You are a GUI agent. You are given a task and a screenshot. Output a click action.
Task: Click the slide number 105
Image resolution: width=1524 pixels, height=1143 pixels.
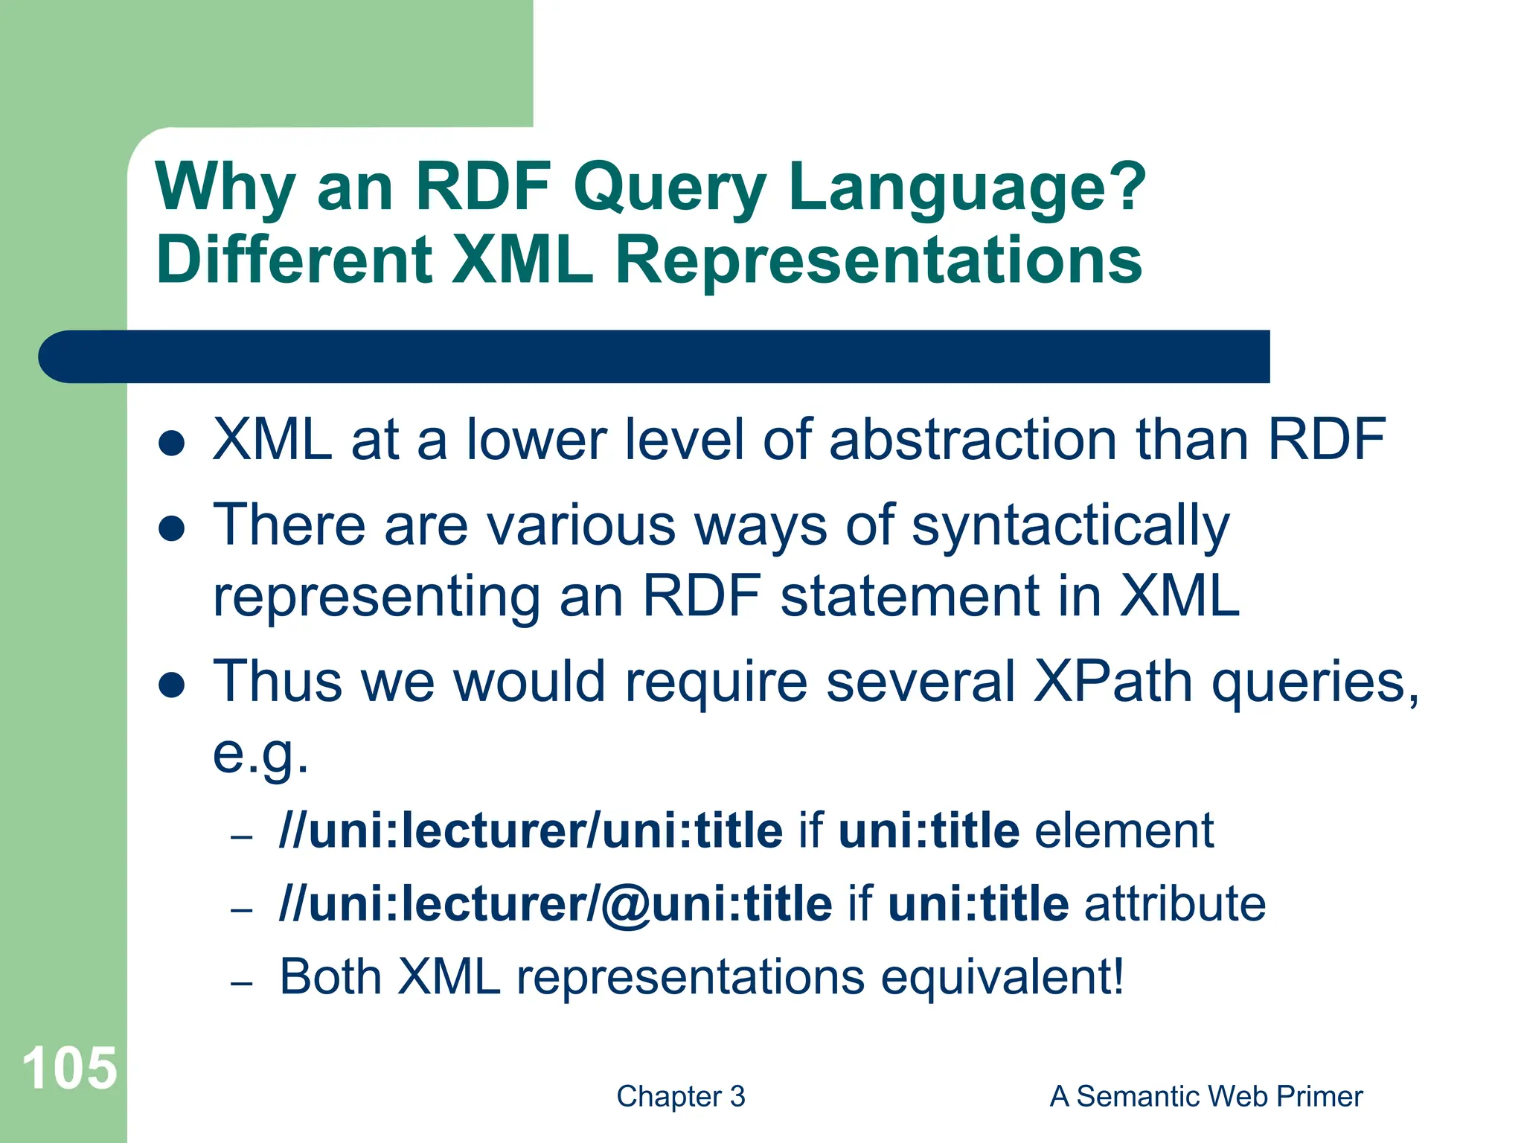tap(69, 1068)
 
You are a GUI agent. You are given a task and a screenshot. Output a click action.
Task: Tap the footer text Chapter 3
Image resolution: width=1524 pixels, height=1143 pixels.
tap(680, 1096)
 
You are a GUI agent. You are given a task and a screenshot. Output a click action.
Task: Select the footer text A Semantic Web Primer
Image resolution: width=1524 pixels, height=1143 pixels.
tap(1206, 1096)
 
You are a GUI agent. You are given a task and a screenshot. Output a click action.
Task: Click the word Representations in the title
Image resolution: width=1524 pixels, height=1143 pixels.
tap(878, 260)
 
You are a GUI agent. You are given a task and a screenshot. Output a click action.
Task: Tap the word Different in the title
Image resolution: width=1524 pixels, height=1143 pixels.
tap(294, 260)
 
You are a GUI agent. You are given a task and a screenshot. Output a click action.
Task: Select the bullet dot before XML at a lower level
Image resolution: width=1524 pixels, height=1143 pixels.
tap(172, 444)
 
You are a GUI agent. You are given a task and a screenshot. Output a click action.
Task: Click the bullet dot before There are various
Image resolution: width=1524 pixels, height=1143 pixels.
tap(172, 529)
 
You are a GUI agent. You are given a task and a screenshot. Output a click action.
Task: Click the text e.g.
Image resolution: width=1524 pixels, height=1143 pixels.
tap(260, 755)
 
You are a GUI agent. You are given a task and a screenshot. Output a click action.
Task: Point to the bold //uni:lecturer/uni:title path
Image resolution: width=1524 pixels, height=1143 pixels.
tap(530, 830)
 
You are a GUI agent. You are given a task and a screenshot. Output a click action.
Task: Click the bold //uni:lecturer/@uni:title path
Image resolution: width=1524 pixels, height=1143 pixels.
tap(555, 903)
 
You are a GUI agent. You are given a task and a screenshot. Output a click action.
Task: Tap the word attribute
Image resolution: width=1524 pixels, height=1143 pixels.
tap(1174, 903)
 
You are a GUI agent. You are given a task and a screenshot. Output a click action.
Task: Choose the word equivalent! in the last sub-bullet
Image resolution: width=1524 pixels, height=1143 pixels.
tap(1002, 976)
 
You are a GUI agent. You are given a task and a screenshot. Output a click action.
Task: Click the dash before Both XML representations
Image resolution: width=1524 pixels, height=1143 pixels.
tap(242, 984)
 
